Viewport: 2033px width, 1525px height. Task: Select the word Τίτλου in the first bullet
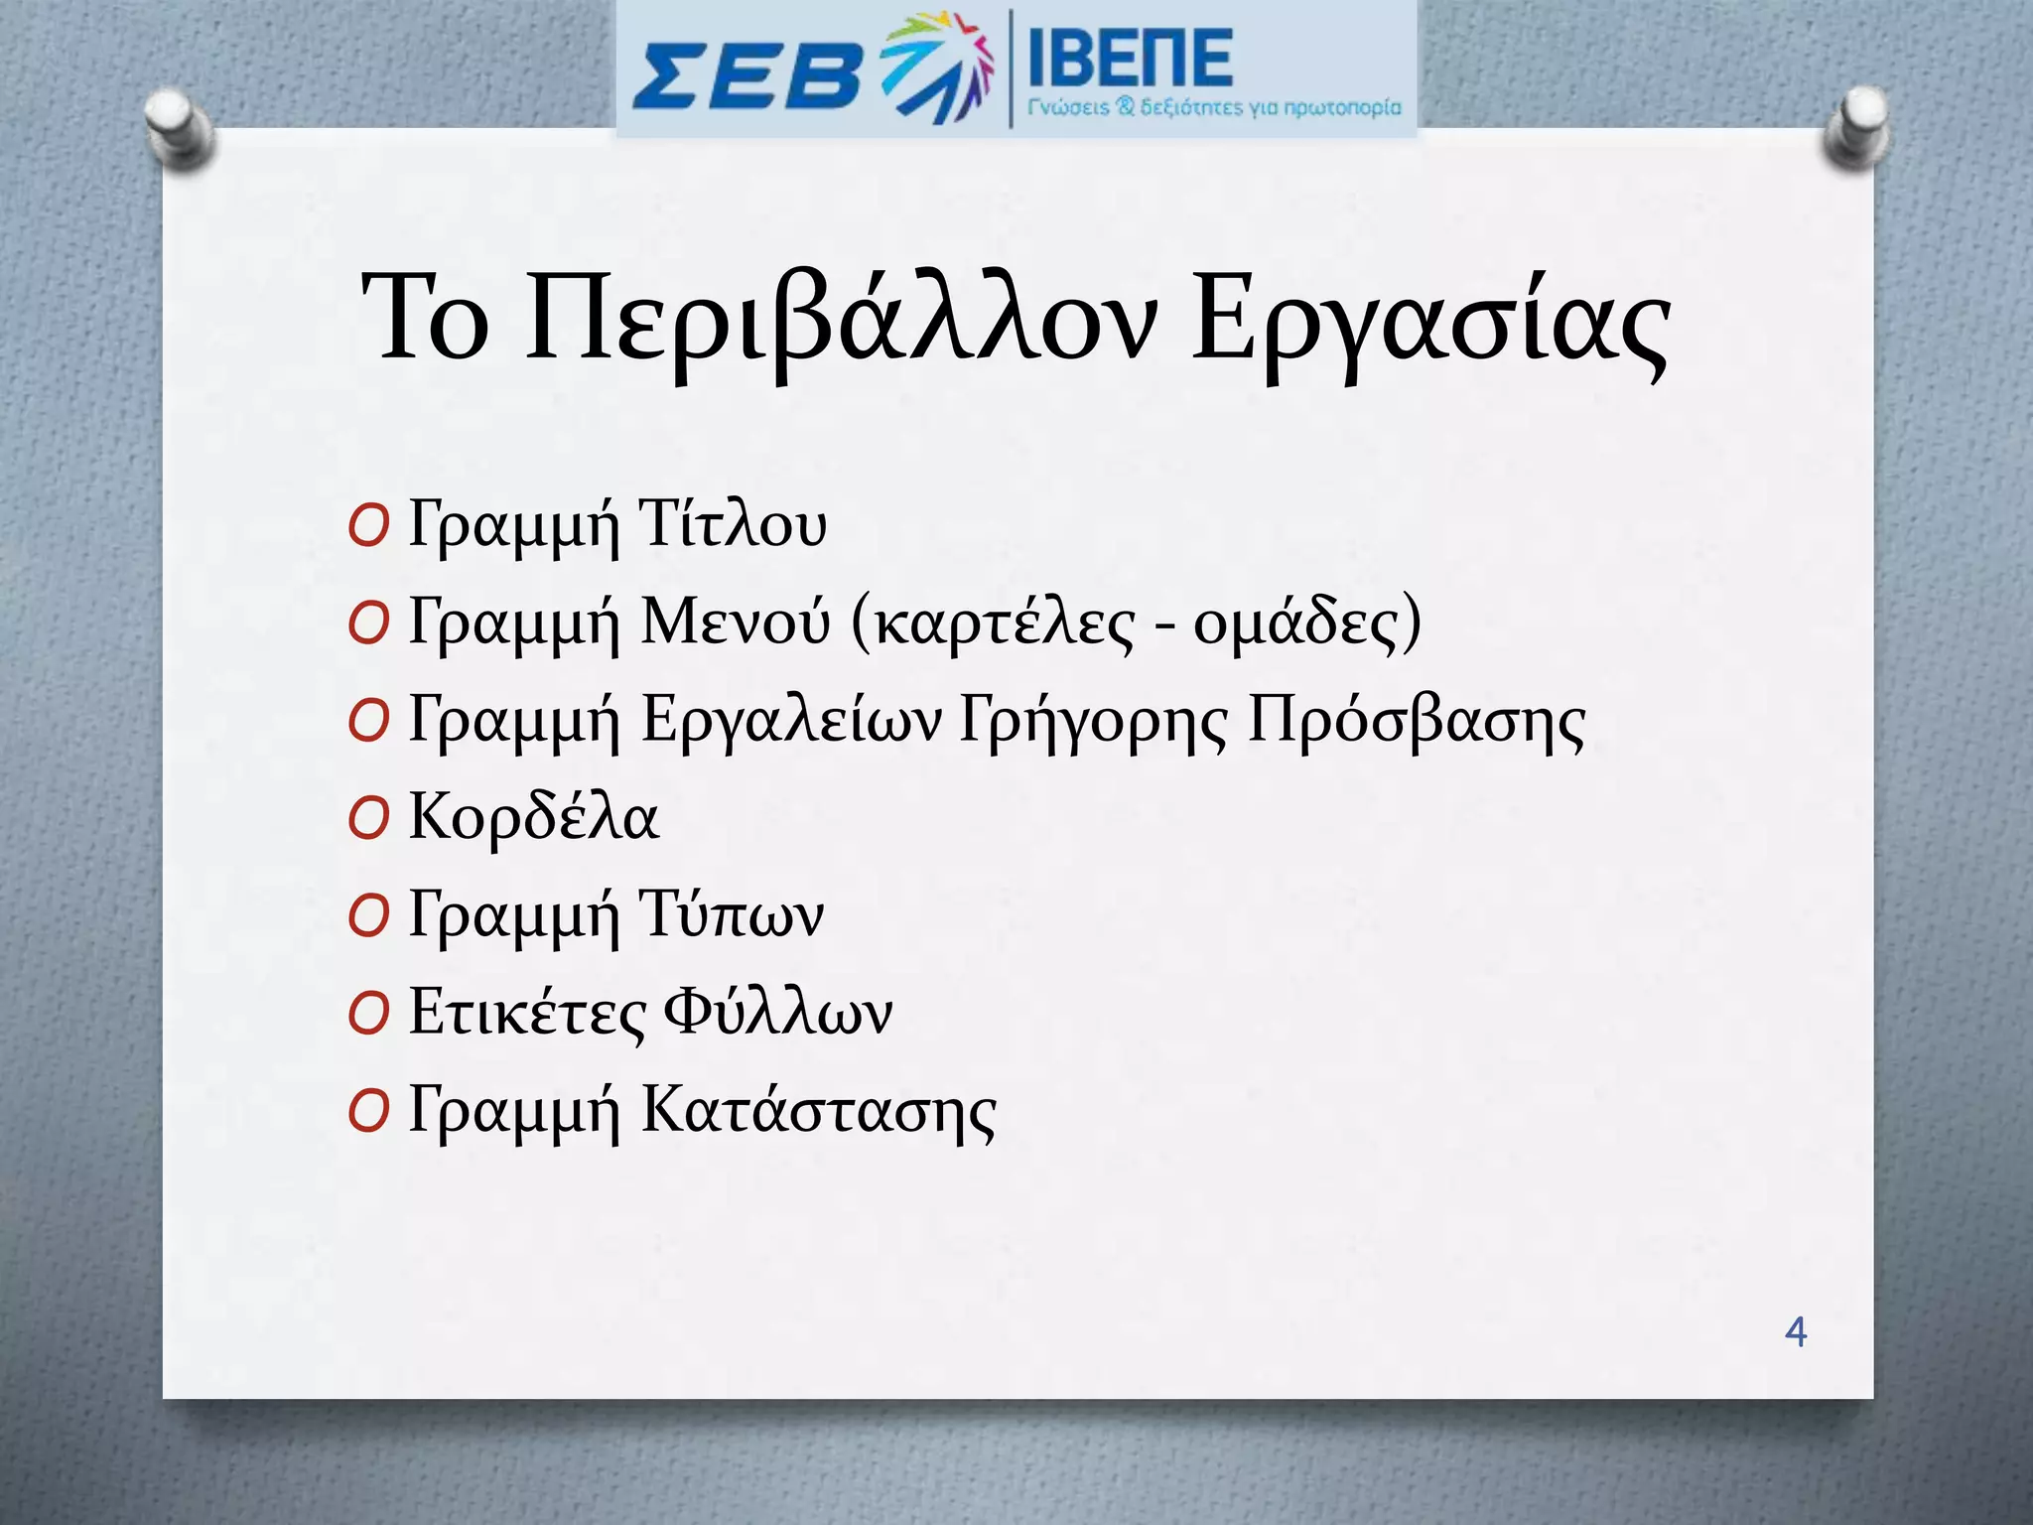click(733, 524)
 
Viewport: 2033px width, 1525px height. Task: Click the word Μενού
click(736, 622)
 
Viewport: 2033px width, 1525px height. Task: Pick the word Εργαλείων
click(790, 720)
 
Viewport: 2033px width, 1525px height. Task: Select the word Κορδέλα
click(533, 816)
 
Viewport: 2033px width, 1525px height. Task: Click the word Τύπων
click(732, 914)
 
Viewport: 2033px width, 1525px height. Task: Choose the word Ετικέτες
click(526, 1012)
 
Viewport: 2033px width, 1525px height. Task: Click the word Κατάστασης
click(818, 1110)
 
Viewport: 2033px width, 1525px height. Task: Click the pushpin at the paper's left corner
click(180, 129)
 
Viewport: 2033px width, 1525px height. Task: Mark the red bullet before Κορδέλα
click(367, 820)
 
